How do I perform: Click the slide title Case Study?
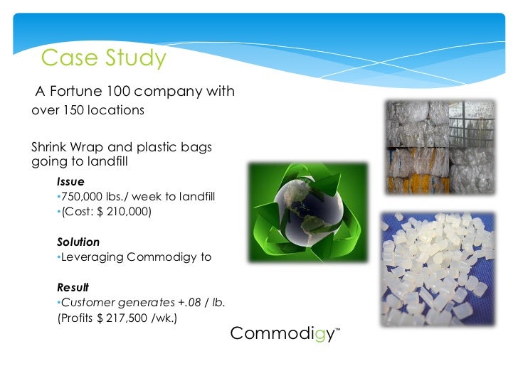point(103,58)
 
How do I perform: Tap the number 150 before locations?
point(73,110)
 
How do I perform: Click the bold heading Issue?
point(70,182)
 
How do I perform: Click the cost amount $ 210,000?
point(126,211)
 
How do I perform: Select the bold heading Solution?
point(78,242)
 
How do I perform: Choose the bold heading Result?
point(73,288)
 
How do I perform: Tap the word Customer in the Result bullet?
point(87,303)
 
